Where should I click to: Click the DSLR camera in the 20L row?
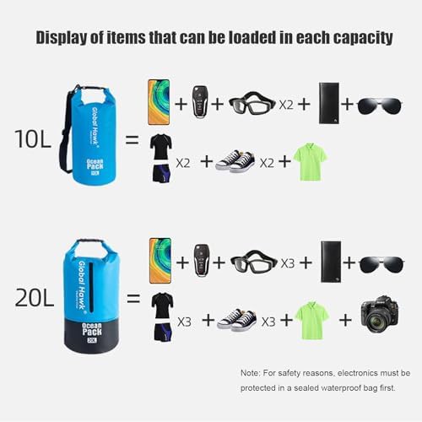click(x=380, y=314)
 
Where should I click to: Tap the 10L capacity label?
click(x=33, y=139)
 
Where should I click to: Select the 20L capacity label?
click(x=34, y=298)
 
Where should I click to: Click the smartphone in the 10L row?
click(x=159, y=102)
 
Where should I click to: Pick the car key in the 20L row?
click(x=202, y=260)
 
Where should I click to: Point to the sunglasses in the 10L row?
click(x=380, y=105)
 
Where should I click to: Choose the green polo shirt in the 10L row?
click(x=311, y=161)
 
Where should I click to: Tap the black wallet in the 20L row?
click(x=331, y=262)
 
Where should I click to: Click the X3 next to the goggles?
click(x=288, y=263)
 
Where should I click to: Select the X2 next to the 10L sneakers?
click(x=267, y=163)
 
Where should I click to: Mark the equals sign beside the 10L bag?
click(x=133, y=139)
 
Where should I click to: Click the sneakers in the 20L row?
click(x=237, y=320)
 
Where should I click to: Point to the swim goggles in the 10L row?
click(x=252, y=103)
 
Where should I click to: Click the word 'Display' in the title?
click(x=62, y=38)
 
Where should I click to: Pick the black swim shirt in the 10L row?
click(x=161, y=147)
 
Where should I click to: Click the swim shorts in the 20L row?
click(x=163, y=332)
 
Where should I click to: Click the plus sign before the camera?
click(x=345, y=320)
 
